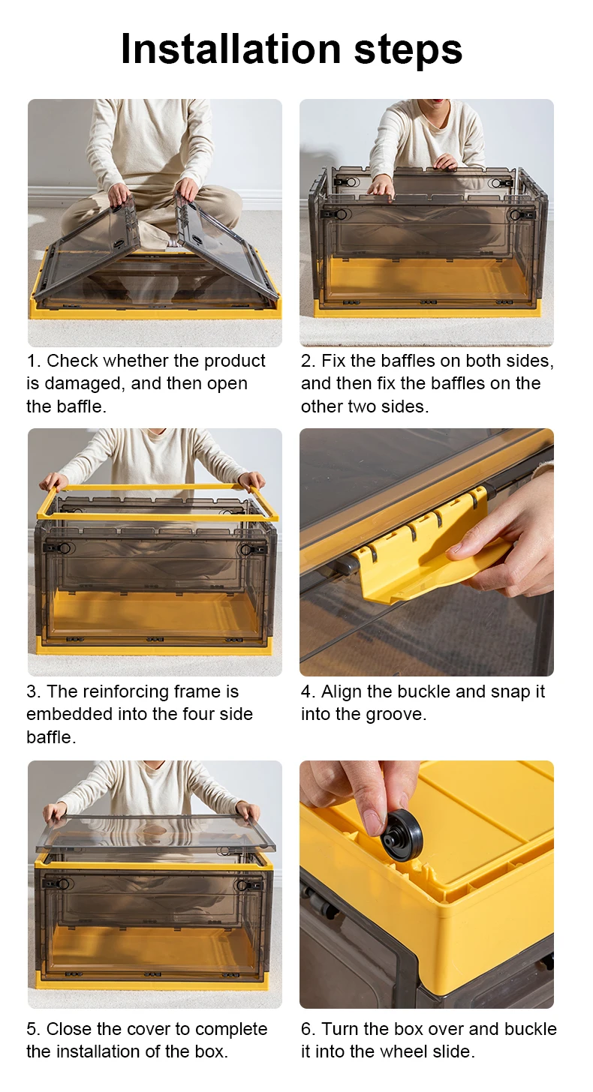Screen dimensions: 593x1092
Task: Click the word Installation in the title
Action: click(230, 49)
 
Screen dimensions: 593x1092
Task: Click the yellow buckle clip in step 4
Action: click(425, 550)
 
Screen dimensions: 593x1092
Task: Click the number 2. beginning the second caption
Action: click(309, 361)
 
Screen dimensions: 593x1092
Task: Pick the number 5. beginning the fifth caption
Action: click(34, 1029)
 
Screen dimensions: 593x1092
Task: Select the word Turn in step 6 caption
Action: click(340, 1029)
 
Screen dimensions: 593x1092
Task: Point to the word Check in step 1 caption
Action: click(72, 361)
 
